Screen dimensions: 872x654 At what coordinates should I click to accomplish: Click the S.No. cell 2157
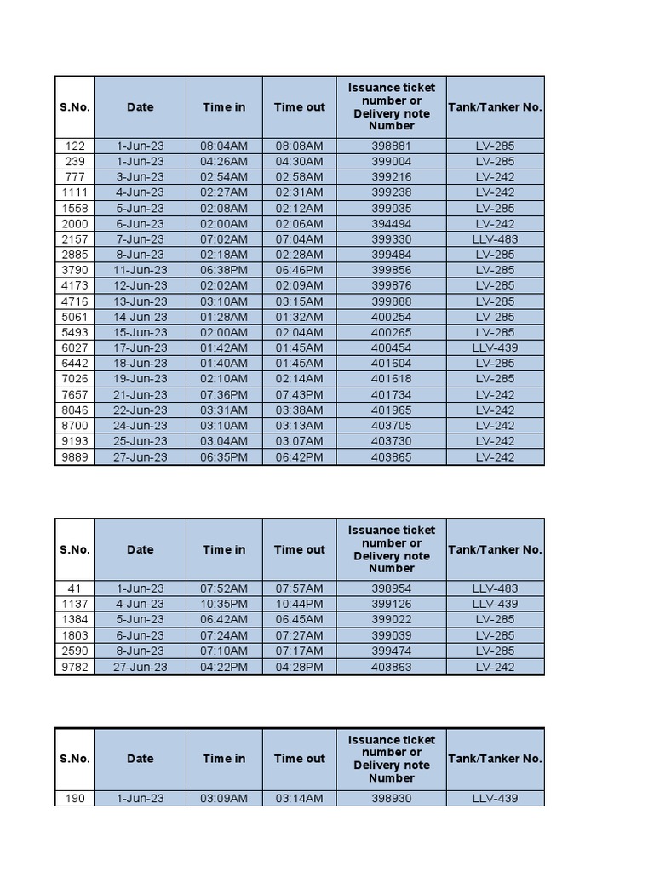click(75, 239)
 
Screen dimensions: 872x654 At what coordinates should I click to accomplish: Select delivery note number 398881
click(391, 146)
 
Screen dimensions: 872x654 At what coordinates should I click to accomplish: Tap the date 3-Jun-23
click(141, 177)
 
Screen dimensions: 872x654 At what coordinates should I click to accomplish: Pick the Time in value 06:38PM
click(224, 270)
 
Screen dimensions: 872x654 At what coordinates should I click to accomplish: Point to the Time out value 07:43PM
click(299, 394)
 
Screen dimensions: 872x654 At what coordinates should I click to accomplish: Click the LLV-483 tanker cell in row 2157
click(495, 239)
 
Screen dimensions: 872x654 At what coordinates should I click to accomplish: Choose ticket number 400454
click(391, 347)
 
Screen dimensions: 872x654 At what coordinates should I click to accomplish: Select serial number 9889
click(75, 456)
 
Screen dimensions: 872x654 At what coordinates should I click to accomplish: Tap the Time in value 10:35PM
click(224, 604)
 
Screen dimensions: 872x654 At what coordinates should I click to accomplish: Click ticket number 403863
click(391, 667)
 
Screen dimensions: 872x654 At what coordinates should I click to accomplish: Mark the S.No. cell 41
click(75, 588)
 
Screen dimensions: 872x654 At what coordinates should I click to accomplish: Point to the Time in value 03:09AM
click(224, 799)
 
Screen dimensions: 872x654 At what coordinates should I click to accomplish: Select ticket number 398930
click(391, 799)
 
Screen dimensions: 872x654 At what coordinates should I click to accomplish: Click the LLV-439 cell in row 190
click(495, 799)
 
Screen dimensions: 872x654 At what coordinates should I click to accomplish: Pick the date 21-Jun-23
click(141, 394)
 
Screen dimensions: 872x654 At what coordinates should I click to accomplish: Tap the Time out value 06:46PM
click(299, 270)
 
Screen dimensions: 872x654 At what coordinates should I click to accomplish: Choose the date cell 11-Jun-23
click(141, 270)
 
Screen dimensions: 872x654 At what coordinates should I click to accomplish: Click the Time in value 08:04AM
click(224, 146)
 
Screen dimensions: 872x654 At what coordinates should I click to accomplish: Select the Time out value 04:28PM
click(299, 667)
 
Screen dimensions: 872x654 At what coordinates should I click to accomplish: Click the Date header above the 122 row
click(141, 106)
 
